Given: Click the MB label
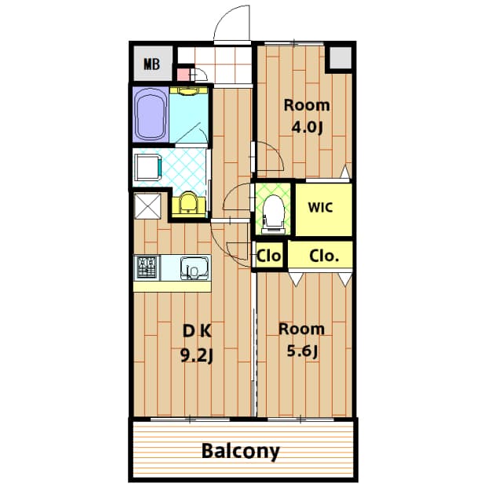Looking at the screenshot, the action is (151, 64).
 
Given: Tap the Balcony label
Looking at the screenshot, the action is (241, 452).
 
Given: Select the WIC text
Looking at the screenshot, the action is (321, 207).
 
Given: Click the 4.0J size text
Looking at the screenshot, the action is (307, 128).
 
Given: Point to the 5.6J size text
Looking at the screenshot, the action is (303, 351).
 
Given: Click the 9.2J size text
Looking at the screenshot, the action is (197, 355).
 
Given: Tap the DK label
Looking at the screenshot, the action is (197, 331).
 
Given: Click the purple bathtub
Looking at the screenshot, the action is (151, 115).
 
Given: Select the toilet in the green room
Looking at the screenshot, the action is (273, 213).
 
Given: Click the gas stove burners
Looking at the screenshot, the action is (147, 267).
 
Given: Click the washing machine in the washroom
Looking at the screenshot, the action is (147, 167).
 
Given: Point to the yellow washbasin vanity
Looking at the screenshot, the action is (188, 205).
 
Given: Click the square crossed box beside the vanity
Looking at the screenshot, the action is (147, 206).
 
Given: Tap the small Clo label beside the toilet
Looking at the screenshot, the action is (269, 256).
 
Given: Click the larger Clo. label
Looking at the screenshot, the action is (324, 256).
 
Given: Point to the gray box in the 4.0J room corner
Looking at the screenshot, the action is (340, 57).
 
